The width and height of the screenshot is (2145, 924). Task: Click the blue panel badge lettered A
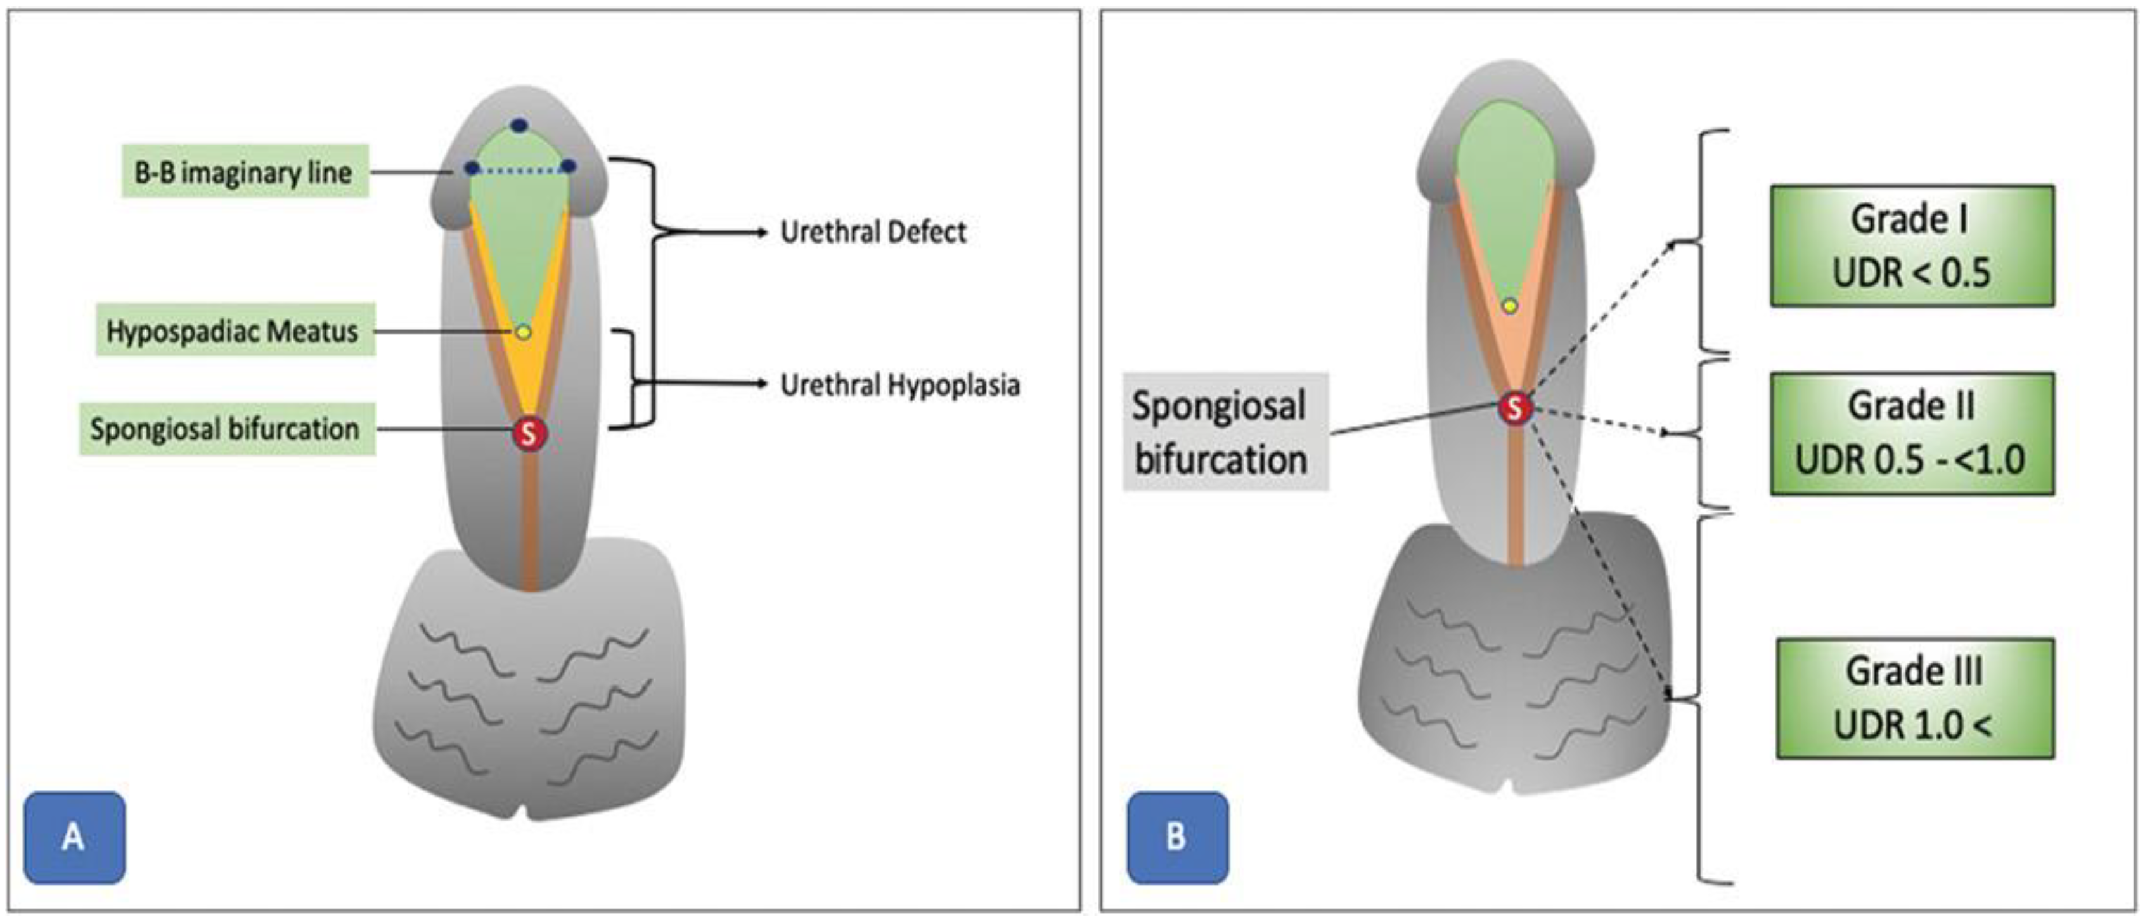point(74,836)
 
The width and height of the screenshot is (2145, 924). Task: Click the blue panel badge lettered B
point(1176,836)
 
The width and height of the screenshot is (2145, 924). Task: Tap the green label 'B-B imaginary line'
point(245,172)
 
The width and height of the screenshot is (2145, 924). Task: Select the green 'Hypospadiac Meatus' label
point(234,332)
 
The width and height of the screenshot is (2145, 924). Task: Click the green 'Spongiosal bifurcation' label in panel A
point(226,429)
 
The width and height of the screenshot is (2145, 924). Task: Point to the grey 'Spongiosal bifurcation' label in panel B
point(1220,433)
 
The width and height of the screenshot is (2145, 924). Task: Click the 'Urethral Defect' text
point(873,233)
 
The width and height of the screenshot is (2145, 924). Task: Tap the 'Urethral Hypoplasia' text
point(899,385)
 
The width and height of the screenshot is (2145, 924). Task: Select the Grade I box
point(1912,246)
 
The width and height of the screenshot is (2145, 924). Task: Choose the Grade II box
point(1912,433)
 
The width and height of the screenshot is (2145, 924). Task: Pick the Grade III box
point(1914,698)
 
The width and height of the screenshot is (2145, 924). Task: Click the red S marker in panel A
point(529,433)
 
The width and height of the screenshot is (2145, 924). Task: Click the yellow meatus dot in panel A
point(523,332)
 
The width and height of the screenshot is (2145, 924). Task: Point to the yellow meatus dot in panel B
point(1510,306)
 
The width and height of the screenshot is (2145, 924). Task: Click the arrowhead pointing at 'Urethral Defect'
point(761,233)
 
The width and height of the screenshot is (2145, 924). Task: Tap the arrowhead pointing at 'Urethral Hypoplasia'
point(761,384)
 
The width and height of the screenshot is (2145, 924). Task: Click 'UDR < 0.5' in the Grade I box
point(1912,273)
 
